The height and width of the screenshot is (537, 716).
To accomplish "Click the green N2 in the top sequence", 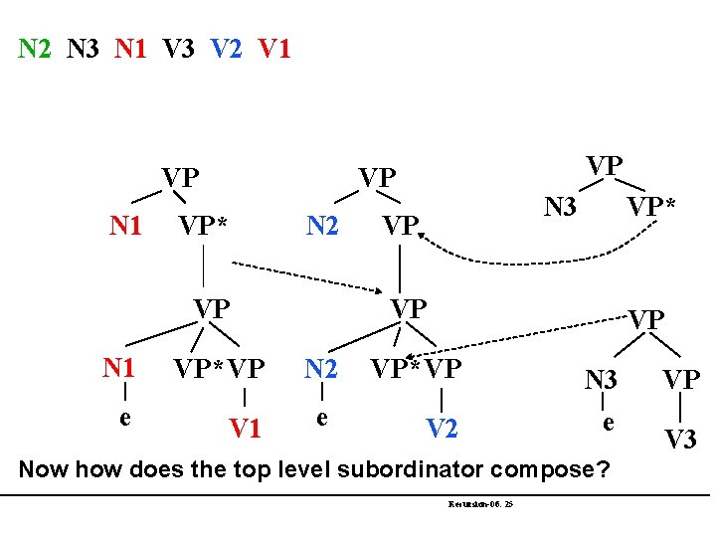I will coord(35,47).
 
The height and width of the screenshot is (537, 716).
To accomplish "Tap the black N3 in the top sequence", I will coord(84,47).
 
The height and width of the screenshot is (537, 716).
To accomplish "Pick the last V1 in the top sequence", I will coord(274,47).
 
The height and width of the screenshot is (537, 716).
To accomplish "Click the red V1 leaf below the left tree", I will coord(246,429).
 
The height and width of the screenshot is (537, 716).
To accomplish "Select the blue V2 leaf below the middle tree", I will coord(443,429).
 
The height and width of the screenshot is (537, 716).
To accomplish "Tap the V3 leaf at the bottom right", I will coord(681,439).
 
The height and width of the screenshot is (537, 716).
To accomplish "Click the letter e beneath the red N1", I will coord(124,416).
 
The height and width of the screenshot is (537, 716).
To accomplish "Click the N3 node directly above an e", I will coord(601,379).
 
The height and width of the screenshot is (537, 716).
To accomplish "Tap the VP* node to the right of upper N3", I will coord(650,208).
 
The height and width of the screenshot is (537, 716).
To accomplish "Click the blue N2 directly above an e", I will coord(321,368).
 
